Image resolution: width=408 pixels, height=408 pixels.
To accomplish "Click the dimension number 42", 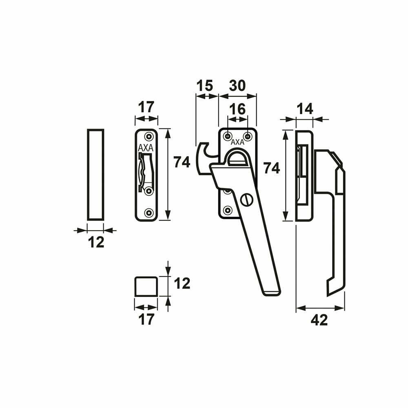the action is pos(319,320).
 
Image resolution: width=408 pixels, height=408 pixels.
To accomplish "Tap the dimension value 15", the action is pos(204,86).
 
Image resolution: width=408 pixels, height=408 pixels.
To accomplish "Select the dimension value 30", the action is pos(237,86).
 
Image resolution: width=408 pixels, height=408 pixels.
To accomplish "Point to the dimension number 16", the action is pos(237,109).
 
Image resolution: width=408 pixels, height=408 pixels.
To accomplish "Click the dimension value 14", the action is pos(305,109).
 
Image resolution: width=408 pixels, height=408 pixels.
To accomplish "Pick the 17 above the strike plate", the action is pos(146,107).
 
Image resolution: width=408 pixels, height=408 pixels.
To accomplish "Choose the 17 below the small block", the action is pos(146,319).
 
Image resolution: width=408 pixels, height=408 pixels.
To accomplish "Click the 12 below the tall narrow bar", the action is pos(96,242).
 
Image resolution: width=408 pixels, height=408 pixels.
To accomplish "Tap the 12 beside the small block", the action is pos(182,284).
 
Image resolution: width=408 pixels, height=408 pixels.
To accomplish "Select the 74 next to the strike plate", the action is pos(182,162).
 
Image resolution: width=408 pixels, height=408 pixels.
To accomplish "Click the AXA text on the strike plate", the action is pos(146,148).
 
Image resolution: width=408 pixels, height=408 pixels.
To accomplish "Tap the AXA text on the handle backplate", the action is pos(237,142).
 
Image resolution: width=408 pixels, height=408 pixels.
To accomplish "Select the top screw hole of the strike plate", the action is pos(149,136).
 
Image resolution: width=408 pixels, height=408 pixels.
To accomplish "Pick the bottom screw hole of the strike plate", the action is pos(149,213).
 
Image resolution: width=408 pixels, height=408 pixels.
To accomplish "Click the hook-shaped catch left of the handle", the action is pos(207,158).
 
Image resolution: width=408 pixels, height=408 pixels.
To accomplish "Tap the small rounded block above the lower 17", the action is pos(146,286).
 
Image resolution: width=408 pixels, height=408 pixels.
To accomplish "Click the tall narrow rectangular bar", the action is pos(95,175).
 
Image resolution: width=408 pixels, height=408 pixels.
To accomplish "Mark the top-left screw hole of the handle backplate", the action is pos(228,136).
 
